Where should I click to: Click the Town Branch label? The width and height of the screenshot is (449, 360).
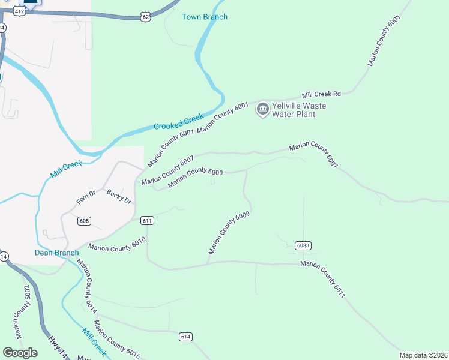click(205, 17)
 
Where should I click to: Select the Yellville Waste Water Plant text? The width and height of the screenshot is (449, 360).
click(298, 110)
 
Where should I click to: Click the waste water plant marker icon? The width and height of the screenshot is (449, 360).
click(262, 109)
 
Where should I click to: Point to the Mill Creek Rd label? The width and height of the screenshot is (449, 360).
click(321, 94)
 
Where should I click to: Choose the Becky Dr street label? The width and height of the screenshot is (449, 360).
click(119, 196)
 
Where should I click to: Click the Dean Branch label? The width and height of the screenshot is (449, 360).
click(56, 253)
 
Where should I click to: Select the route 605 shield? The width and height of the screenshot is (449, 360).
click(85, 221)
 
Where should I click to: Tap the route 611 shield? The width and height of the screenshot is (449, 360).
click(148, 221)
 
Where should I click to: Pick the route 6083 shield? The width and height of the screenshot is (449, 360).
click(303, 245)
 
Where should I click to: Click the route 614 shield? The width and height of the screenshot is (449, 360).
click(185, 337)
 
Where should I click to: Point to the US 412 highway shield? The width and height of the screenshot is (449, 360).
click(20, 11)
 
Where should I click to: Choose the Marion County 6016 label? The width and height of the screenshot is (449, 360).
click(116, 344)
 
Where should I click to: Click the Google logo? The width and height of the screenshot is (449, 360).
click(20, 353)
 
